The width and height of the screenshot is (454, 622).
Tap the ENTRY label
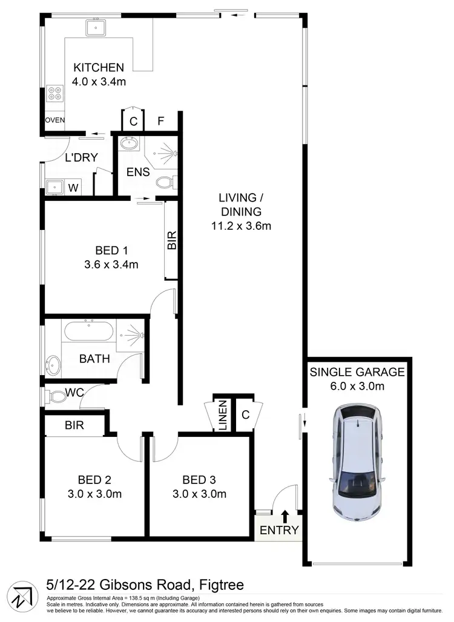(x=279, y=530)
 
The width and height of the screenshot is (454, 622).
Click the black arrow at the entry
(x=285, y=516)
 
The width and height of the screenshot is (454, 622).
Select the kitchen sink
(x=96, y=27)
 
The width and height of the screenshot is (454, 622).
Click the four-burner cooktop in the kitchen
(x=54, y=94)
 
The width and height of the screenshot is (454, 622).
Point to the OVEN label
(x=54, y=120)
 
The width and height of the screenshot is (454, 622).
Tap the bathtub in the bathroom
(x=88, y=333)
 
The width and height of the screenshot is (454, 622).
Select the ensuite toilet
(x=165, y=182)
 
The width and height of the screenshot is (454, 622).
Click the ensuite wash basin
(x=128, y=144)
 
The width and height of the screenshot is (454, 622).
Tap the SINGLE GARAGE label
(x=357, y=372)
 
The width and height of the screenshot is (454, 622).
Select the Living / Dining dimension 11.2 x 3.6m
(x=241, y=226)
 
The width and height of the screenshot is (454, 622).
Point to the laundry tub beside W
(x=53, y=187)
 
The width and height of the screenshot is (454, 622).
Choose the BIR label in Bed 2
(x=74, y=425)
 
